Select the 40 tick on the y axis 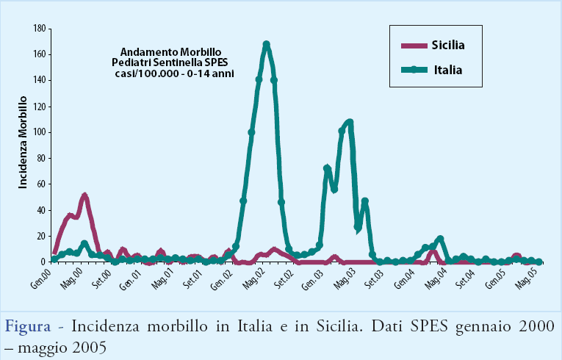point(41,210)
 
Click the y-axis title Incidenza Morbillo point(23,142)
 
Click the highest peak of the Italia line point(266,45)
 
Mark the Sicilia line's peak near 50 point(84,196)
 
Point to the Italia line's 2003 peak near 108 point(349,122)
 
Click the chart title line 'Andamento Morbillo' point(170,52)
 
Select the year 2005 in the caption point(89,345)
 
